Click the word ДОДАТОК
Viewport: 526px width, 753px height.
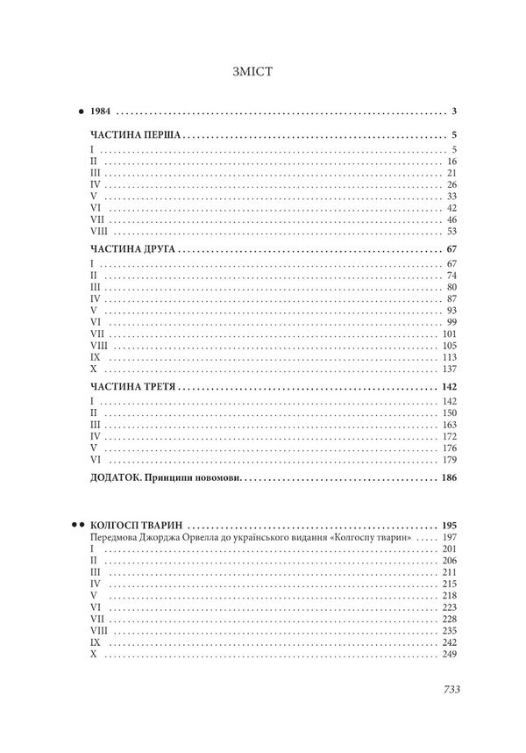pyautogui.click(x=120, y=478)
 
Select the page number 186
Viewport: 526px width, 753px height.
pyautogui.click(x=450, y=478)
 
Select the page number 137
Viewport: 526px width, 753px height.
pyautogui.click(x=451, y=369)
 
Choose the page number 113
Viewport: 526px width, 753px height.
pyautogui.click(x=451, y=358)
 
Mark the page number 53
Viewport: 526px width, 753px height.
pyautogui.click(x=452, y=233)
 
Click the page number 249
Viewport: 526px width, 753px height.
pyautogui.click(x=451, y=655)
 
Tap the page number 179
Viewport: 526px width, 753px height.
pyautogui.click(x=451, y=459)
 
